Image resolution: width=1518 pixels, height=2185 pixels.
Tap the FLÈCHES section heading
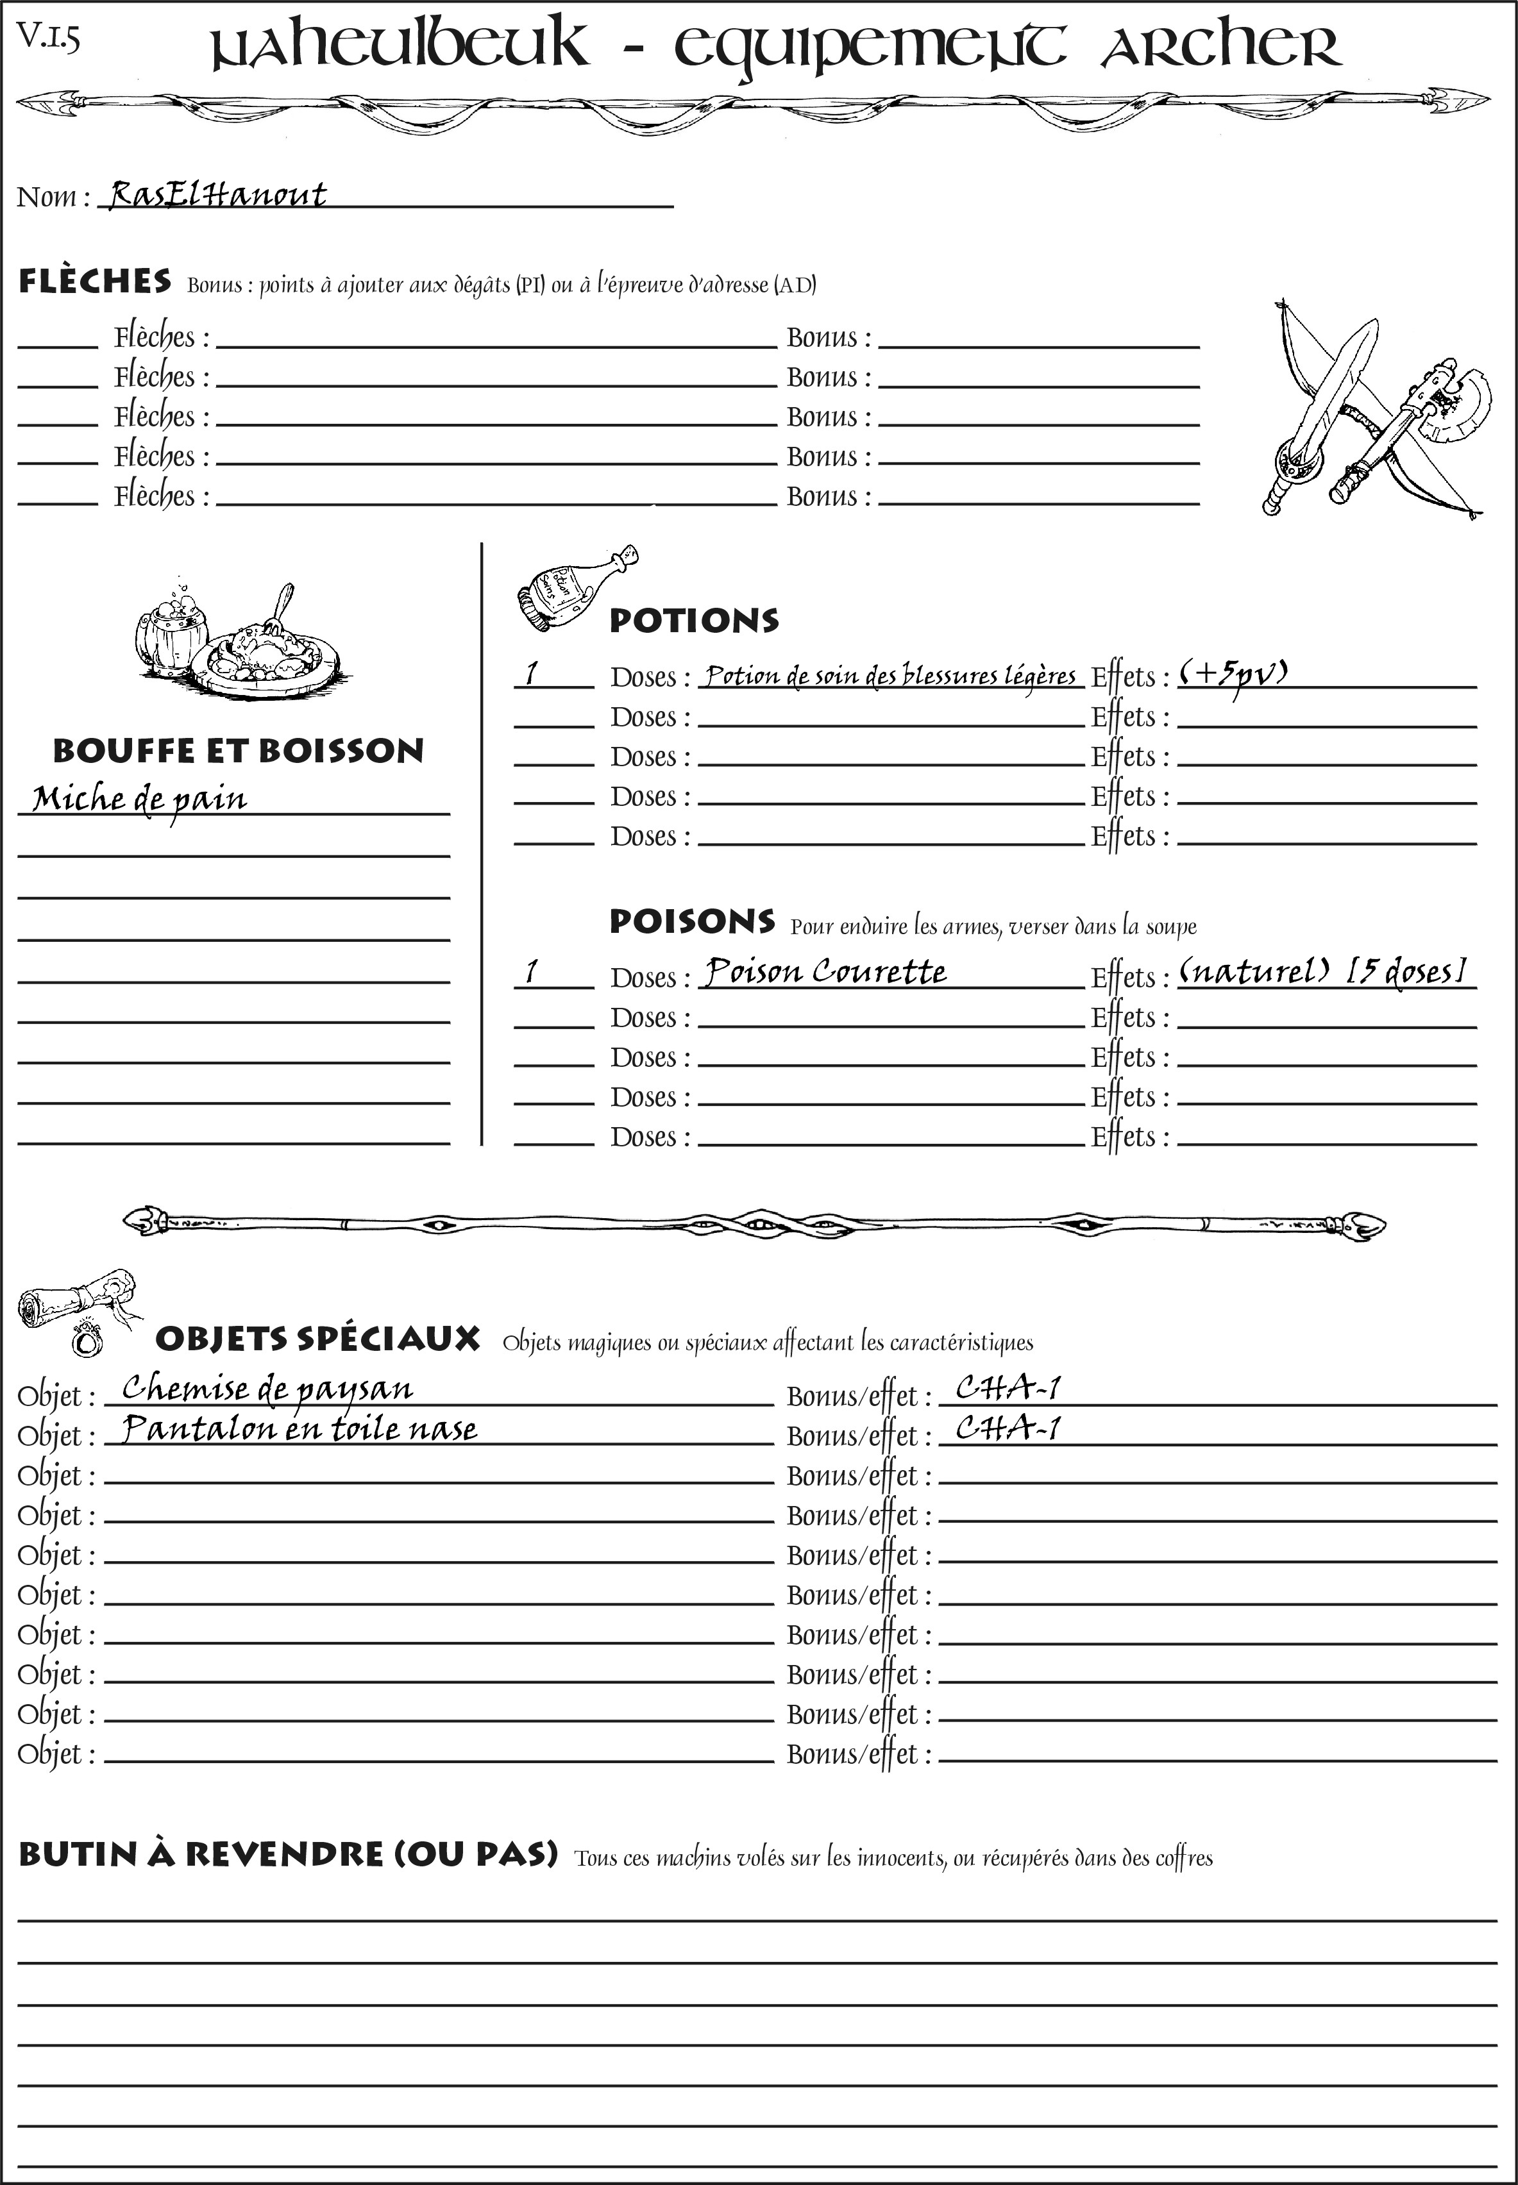tap(95, 281)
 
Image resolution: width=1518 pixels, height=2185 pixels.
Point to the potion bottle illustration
tap(575, 589)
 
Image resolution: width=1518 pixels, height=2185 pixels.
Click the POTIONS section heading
tap(693, 621)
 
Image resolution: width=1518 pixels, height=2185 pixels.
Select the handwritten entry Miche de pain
tap(140, 799)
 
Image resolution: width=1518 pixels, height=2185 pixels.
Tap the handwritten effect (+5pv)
tap(1233, 673)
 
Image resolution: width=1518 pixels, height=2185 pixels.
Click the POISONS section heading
tap(691, 921)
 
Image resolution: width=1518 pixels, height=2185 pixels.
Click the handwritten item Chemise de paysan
tap(267, 1389)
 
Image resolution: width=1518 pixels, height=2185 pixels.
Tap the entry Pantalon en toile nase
tap(299, 1429)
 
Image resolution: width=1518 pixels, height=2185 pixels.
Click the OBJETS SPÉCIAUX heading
tap(317, 1339)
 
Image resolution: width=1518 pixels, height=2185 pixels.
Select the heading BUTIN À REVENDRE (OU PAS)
tap(287, 1854)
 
